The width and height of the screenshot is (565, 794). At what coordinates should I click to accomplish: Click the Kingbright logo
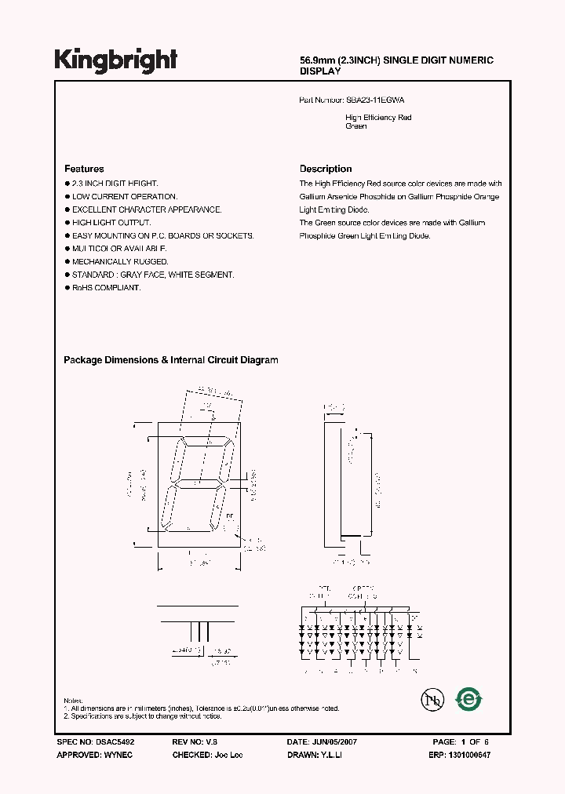pos(115,60)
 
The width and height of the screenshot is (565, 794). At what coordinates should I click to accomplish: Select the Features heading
pos(84,169)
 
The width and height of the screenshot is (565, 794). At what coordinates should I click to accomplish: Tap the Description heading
pos(326,169)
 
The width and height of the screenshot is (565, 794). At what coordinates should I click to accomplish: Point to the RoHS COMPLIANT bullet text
pos(107,288)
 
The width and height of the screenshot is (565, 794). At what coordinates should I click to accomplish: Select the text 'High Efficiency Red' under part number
pos(378,118)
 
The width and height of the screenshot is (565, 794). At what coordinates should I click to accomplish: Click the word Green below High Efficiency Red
pos(355,126)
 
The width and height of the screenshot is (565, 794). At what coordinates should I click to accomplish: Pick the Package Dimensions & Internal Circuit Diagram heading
pos(170,360)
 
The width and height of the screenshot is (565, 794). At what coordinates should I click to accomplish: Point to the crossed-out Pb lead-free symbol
pos(428,698)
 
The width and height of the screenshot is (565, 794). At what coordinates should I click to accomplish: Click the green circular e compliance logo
pos(469,698)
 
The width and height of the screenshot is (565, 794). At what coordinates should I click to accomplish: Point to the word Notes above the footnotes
pos(73,700)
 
